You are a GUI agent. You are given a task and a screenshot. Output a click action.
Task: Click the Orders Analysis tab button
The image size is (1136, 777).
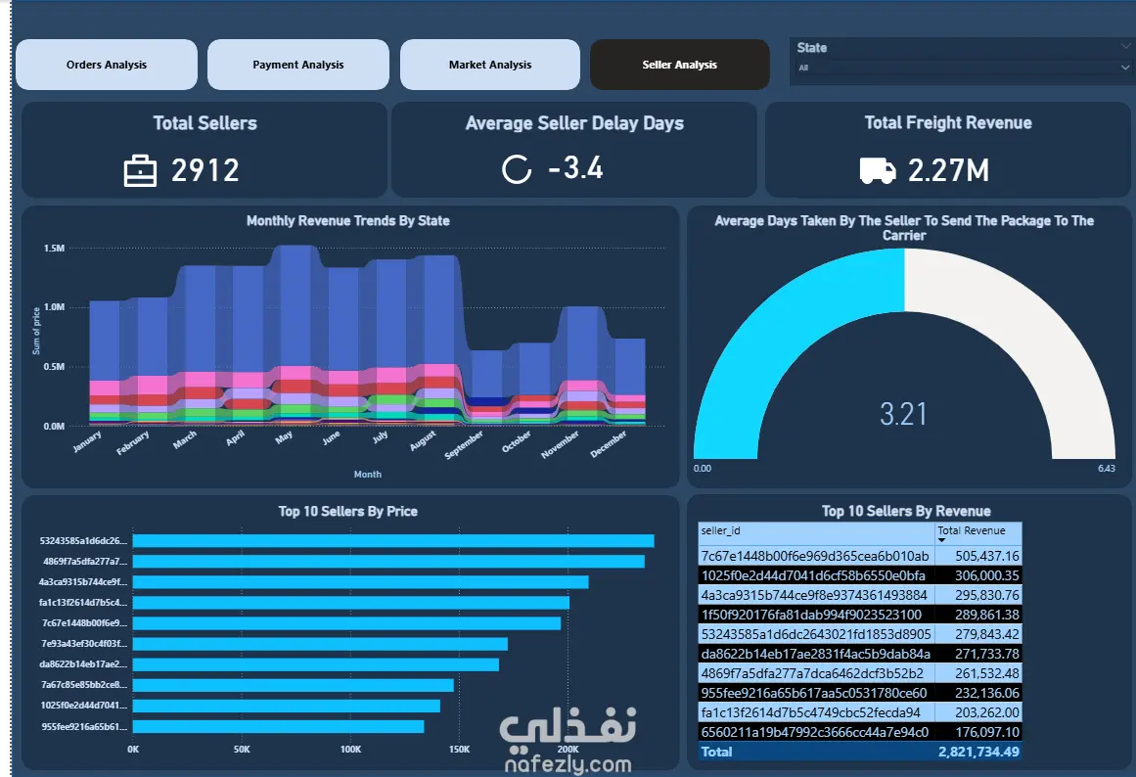point(107,65)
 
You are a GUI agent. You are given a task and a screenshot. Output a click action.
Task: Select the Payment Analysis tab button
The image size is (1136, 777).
point(298,65)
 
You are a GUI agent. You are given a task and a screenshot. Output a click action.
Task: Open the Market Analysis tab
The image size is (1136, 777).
point(490,65)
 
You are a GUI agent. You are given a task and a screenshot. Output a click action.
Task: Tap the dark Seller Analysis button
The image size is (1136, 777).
point(680,65)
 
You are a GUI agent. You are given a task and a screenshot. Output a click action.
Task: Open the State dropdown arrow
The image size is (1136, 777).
point(1125,68)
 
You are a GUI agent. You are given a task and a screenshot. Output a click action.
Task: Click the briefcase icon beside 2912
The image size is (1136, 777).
point(140,171)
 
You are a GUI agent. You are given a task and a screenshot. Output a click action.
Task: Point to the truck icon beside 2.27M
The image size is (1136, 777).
point(878,171)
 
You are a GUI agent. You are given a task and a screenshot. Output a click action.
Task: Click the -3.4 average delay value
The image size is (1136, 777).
point(576,168)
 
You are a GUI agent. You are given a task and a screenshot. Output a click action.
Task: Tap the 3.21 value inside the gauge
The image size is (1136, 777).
point(903,415)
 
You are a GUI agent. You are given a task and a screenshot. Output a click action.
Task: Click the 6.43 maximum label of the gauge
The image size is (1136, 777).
point(1107,468)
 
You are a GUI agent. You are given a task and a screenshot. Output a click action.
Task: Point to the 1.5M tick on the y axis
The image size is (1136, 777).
point(55,248)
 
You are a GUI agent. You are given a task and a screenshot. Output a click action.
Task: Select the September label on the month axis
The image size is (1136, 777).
point(464,444)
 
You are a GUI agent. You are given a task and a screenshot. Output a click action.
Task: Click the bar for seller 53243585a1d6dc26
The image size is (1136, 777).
point(393,541)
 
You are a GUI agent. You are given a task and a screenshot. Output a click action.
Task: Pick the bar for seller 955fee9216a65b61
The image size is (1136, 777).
point(278,726)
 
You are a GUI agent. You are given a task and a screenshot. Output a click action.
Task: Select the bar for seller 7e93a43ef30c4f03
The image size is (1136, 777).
point(320,644)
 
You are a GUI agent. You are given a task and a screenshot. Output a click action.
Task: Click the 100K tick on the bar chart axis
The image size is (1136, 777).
point(350,750)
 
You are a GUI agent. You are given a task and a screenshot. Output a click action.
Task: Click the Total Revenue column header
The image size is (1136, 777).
point(971,530)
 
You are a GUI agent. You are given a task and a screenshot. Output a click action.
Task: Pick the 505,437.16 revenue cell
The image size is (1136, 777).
point(986,556)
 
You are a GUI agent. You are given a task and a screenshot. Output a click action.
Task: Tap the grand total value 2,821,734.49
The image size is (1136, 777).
point(978,752)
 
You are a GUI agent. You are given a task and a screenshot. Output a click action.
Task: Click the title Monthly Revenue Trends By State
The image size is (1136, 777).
point(347,220)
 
